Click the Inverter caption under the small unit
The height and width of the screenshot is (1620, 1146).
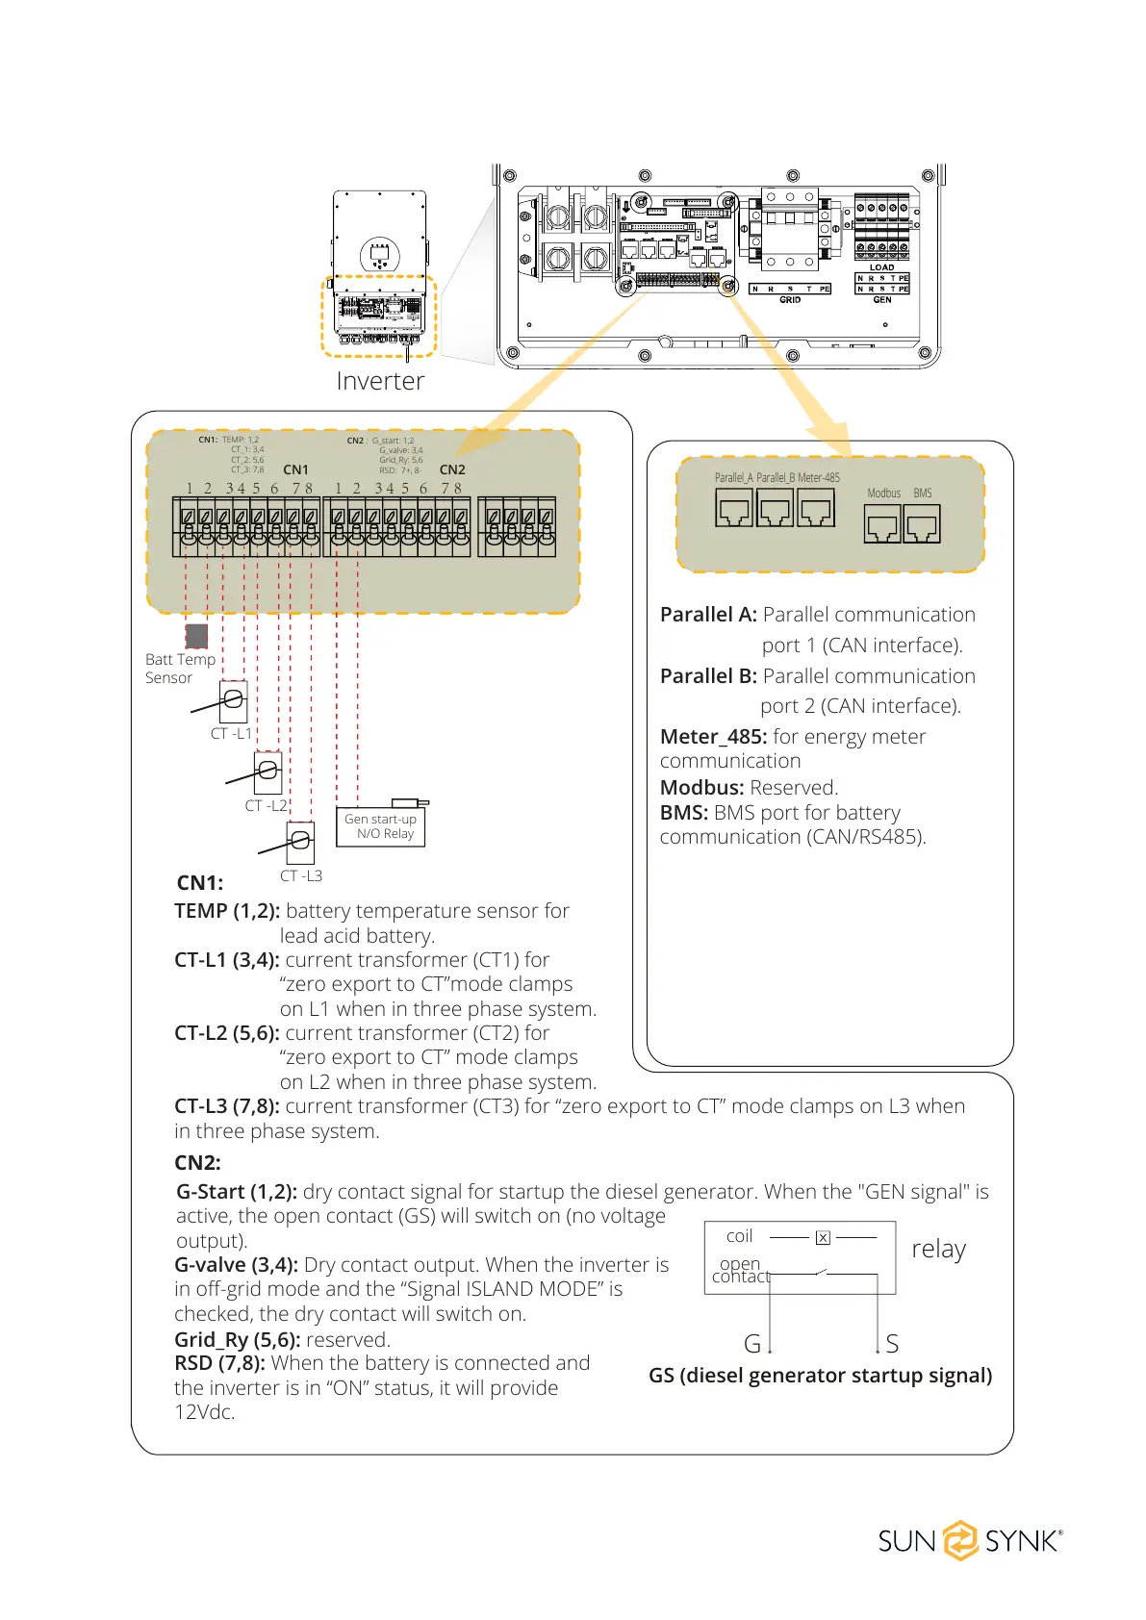[x=380, y=382]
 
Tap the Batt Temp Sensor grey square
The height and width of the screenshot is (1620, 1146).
[x=196, y=636]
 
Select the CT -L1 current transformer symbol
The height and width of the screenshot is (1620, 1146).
[x=233, y=701]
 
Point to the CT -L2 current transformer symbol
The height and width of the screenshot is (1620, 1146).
[x=267, y=772]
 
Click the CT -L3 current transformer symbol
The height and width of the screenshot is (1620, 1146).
[x=300, y=843]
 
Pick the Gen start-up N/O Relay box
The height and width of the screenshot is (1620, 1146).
[x=381, y=826]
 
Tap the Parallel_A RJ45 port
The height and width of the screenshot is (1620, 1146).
[x=733, y=508]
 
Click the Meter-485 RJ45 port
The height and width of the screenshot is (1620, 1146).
[x=816, y=508]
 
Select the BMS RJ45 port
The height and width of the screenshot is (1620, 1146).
[x=922, y=525]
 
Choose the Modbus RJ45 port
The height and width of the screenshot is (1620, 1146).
[x=882, y=525]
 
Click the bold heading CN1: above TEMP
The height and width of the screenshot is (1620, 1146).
[x=200, y=883]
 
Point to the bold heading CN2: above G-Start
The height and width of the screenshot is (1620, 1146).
[x=197, y=1163]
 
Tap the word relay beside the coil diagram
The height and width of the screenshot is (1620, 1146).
[x=938, y=1249]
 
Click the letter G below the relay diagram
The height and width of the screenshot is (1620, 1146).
[x=752, y=1344]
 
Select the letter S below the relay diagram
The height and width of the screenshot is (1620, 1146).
[x=892, y=1344]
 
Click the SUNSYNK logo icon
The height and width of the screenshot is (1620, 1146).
[x=959, y=1540]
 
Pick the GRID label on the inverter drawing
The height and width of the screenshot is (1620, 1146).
[x=790, y=300]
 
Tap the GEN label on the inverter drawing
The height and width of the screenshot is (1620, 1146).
[x=882, y=300]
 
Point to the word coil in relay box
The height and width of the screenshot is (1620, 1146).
[x=739, y=1236]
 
